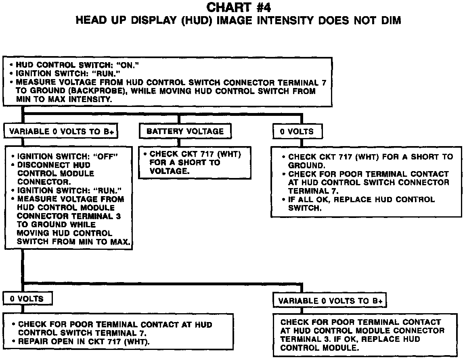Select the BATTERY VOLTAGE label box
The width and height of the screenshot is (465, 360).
point(185,131)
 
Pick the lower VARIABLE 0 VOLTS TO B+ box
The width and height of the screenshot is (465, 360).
point(331,301)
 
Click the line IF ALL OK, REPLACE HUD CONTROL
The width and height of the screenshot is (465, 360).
point(361,199)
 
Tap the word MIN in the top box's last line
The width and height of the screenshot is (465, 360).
point(24,99)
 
